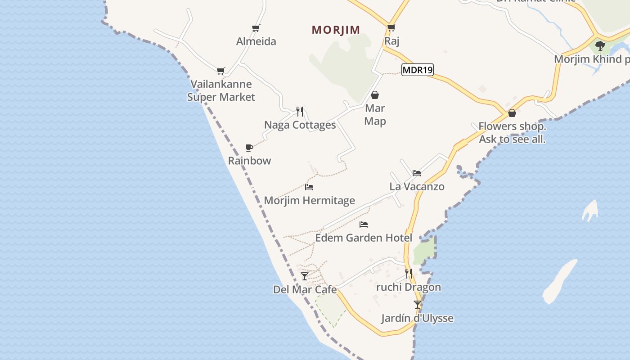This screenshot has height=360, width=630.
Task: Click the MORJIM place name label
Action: tap(336, 30)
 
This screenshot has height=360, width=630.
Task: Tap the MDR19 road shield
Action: tap(417, 70)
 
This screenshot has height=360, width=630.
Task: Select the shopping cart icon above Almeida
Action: tap(256, 28)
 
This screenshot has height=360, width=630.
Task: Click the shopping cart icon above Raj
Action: tap(391, 28)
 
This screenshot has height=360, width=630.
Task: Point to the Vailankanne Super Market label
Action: tap(221, 90)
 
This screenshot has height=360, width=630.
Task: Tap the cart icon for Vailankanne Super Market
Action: tap(220, 71)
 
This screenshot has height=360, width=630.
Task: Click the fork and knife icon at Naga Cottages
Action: tap(300, 111)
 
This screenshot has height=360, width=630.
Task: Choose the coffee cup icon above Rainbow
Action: tap(249, 148)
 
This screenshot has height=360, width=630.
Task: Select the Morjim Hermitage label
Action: tap(309, 200)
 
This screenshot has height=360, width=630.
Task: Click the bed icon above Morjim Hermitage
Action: tap(309, 187)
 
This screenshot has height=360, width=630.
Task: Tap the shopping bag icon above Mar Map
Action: tap(375, 95)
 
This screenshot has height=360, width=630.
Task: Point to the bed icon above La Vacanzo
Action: tap(417, 173)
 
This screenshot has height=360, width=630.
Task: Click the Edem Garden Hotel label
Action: tap(364, 238)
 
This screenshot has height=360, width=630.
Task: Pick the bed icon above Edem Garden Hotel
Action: tap(364, 224)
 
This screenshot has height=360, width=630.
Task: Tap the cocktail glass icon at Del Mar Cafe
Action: tap(305, 276)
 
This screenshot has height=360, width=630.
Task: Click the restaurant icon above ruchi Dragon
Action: tap(409, 273)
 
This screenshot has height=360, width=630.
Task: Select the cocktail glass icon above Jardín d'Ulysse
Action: tap(418, 305)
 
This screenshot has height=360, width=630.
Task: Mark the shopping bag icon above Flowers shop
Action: tap(512, 113)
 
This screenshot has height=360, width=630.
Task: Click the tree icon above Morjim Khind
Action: tap(600, 45)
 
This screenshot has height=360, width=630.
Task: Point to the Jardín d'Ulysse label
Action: tap(417, 318)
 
